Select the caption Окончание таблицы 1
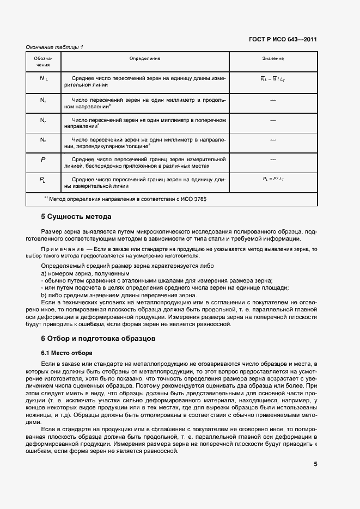click(54, 47)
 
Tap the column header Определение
click(144, 58)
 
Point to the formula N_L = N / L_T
click(273, 79)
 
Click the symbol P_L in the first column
click(43, 180)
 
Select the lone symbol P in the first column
click(43, 160)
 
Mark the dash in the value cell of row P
click(273, 159)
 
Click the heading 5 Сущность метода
click(76, 217)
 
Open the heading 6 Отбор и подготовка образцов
click(99, 338)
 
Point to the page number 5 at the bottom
click(315, 464)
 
